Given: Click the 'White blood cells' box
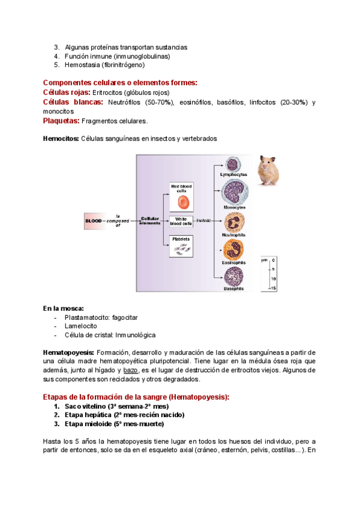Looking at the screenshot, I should coord(181,221).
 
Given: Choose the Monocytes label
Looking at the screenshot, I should coord(233,207).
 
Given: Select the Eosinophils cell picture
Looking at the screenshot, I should coord(233,249).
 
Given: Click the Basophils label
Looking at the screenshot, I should coord(233,289).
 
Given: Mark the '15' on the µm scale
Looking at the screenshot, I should coord(273,289).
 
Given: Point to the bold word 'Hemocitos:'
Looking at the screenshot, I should coord(61,139).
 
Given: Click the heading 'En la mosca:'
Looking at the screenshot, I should coord(63,308).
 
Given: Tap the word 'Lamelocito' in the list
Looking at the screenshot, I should coord(80,326).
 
